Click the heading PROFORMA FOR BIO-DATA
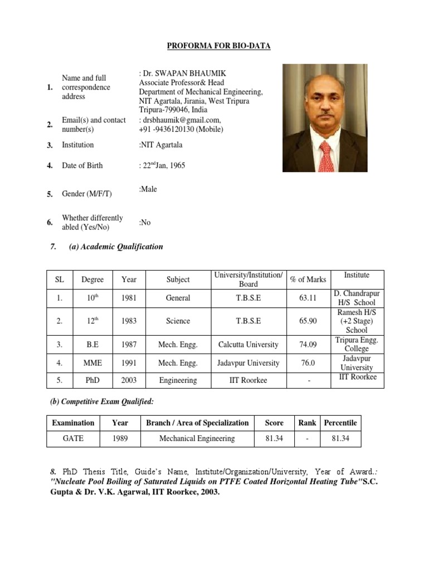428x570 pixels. (219, 46)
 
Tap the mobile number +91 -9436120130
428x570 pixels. (181, 129)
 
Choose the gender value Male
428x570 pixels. (149, 189)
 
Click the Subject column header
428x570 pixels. (178, 279)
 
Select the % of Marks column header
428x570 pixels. (308, 279)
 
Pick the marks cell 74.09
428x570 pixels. (308, 344)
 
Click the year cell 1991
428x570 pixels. (129, 363)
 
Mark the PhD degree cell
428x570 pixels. (93, 381)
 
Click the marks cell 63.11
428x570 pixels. (308, 298)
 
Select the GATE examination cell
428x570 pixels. (73, 438)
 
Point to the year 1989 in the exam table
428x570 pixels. (120, 438)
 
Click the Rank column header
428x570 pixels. (307, 422)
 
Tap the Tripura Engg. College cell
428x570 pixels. (357, 344)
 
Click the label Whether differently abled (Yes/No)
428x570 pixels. (93, 223)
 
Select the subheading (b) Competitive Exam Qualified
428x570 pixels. (101, 401)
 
